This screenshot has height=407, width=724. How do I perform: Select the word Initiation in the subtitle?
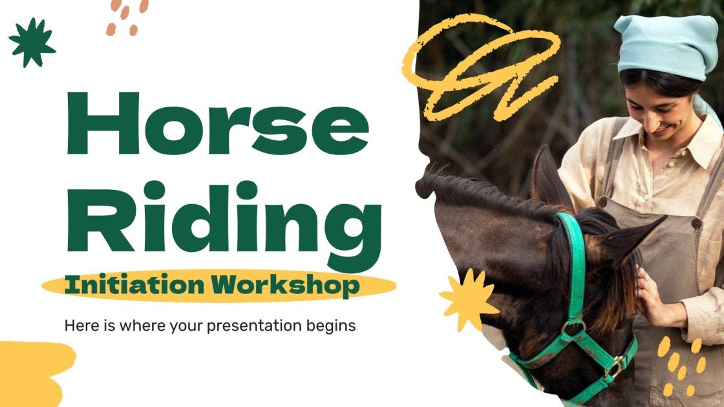[138, 285]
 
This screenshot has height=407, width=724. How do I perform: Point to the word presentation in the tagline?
[255, 326]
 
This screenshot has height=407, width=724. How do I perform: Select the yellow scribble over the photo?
[482, 68]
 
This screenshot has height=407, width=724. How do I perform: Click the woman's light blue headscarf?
[666, 45]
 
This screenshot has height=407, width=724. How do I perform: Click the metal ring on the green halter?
[573, 328]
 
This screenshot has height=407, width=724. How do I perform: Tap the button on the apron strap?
[696, 222]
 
